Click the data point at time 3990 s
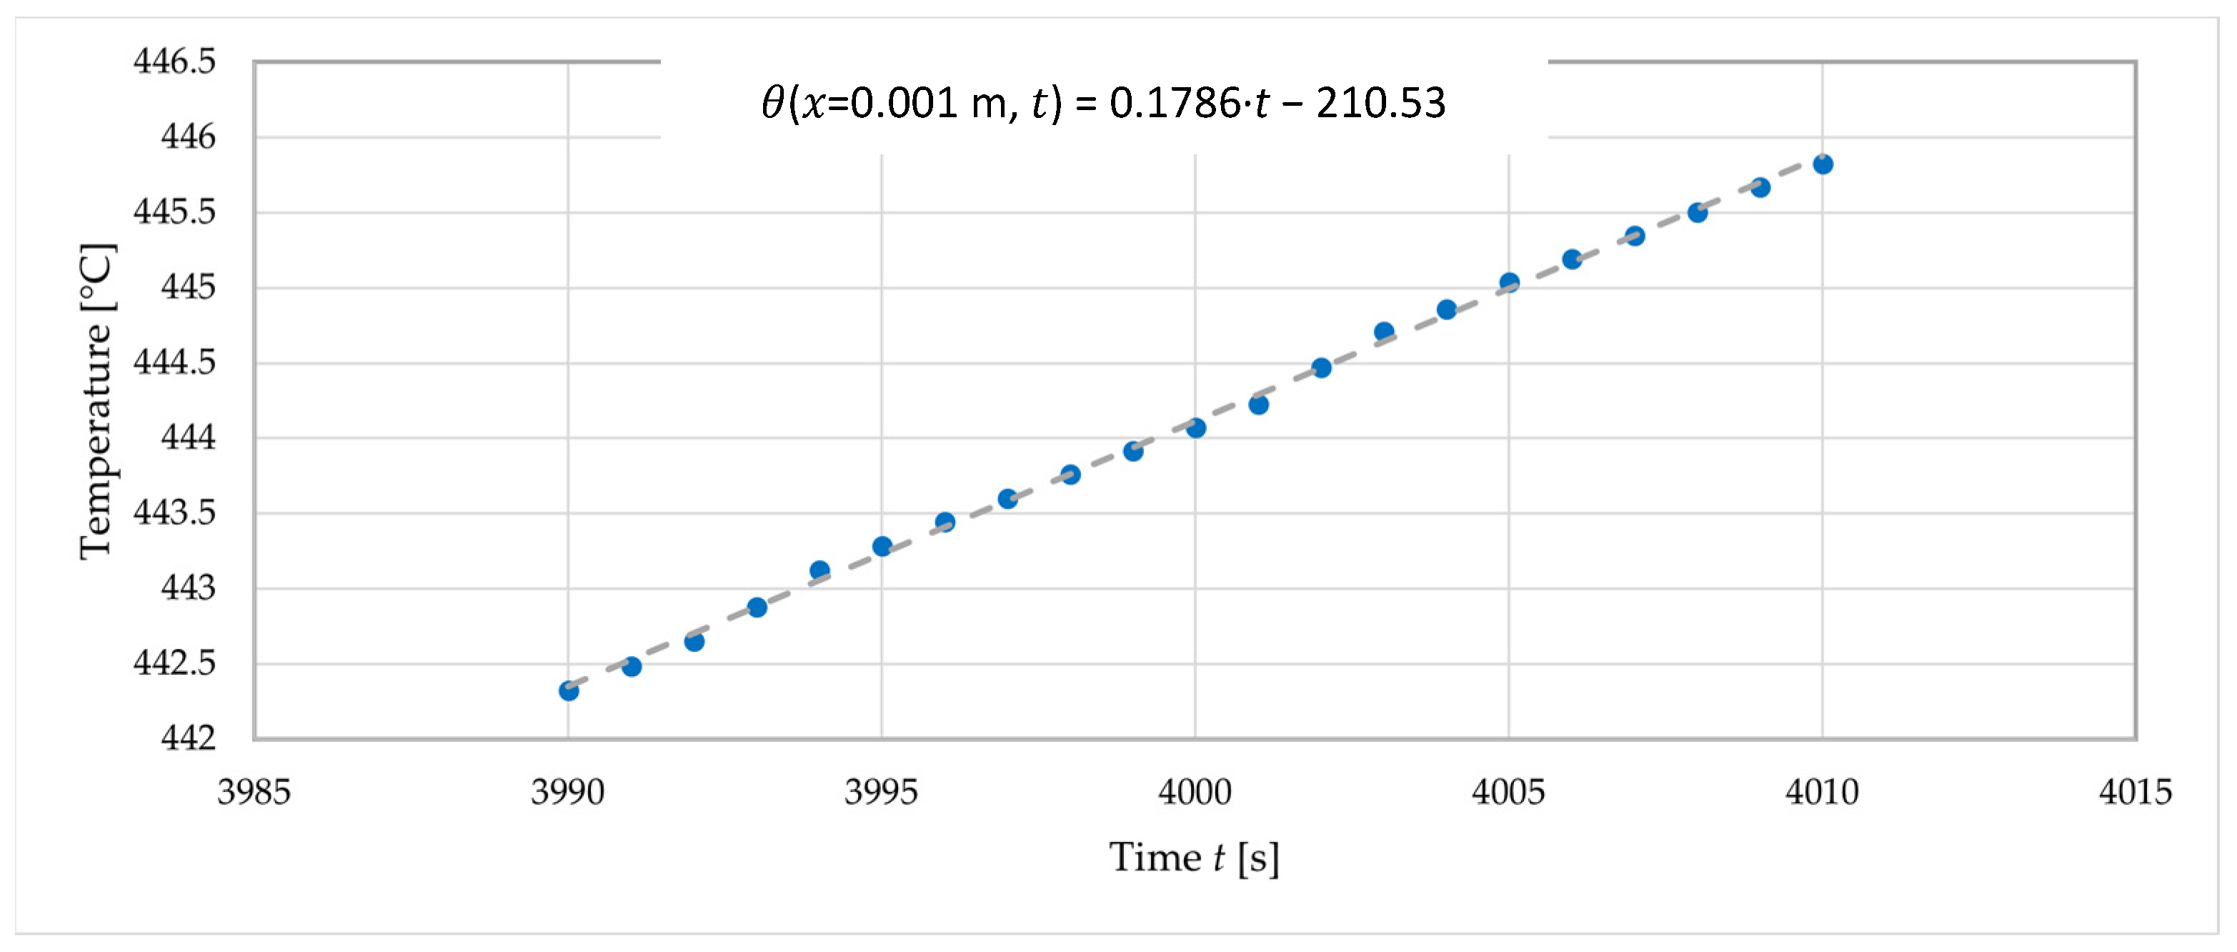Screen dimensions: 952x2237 pos(569,691)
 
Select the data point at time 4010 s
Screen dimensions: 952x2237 pos(1823,164)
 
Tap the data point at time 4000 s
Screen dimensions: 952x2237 pos(1196,427)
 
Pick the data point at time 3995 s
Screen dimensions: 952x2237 pos(882,546)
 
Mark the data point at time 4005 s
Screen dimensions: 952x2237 pos(1509,282)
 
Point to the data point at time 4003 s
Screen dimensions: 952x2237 pos(1384,332)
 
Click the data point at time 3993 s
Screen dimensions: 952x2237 pos(757,608)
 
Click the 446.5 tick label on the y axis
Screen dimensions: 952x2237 pos(174,61)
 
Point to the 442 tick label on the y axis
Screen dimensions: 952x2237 pos(189,738)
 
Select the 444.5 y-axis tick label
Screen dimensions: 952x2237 pos(174,362)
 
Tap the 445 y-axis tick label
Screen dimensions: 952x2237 pos(189,287)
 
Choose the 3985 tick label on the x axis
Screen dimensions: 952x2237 pos(254,792)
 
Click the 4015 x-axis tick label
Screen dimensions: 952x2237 pos(2136,792)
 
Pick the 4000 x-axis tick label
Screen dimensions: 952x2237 pos(1195,792)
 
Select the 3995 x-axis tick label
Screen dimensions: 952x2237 pos(882,792)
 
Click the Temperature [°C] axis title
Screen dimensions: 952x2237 pos(96,401)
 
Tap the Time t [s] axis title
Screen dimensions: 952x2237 pos(1194,858)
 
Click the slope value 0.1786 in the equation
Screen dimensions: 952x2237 pos(1176,104)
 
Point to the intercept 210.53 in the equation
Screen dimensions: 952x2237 pos(1381,104)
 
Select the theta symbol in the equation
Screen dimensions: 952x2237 pos(773,104)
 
